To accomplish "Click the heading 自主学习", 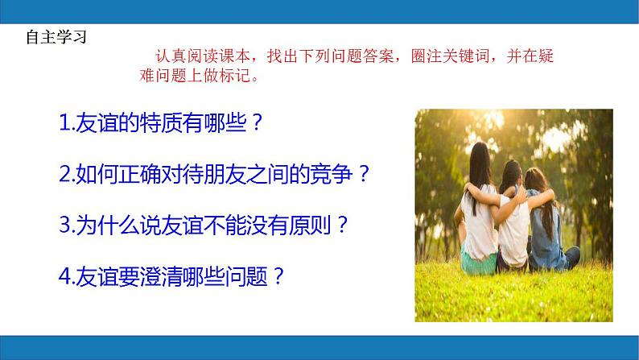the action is click(x=56, y=37).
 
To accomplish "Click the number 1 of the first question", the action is click(x=64, y=122).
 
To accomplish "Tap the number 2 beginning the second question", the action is click(x=65, y=174).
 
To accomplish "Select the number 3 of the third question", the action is click(x=65, y=225).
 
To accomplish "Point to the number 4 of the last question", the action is click(x=65, y=276).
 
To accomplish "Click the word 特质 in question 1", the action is click(x=161, y=122).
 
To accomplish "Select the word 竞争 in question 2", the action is click(x=331, y=174).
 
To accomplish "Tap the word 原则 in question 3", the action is click(x=309, y=225).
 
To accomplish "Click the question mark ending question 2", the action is click(x=364, y=174).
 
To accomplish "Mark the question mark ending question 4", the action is click(x=278, y=276).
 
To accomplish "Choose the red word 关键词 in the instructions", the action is click(x=465, y=56).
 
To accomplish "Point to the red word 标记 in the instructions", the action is click(x=235, y=76).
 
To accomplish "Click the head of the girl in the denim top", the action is click(x=534, y=179).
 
